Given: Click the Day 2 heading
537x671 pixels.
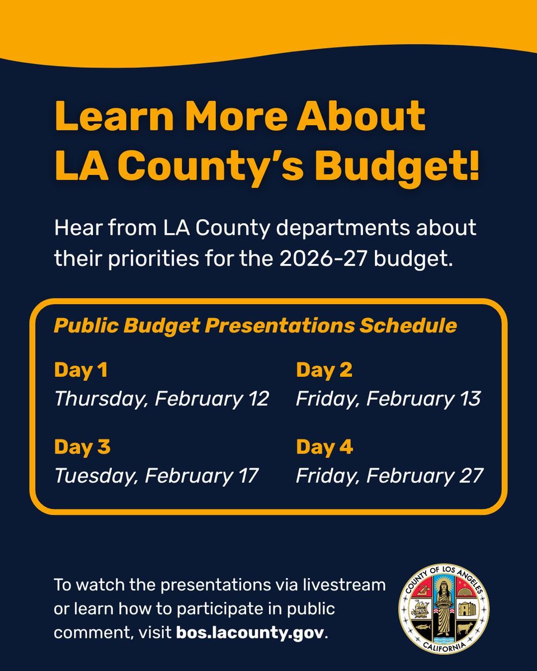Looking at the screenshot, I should click(x=324, y=370).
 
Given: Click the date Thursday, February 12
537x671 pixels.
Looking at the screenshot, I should click(x=162, y=399).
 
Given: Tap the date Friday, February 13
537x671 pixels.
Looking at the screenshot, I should click(x=388, y=399).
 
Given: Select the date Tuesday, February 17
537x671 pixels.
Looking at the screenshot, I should click(x=157, y=476).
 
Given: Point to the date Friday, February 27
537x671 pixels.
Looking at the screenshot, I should click(x=389, y=476).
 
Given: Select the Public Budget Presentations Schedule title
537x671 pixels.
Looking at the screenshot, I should click(x=255, y=325).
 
